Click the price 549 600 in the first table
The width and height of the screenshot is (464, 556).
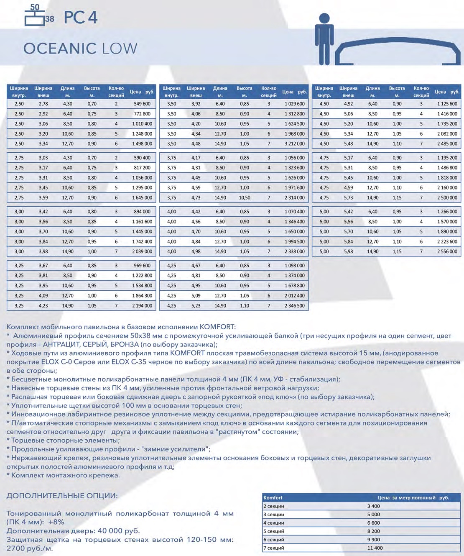point(142,104)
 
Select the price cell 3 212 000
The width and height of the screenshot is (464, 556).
point(295,144)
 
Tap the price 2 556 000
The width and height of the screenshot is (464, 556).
point(447,252)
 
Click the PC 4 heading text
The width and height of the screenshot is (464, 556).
point(81,18)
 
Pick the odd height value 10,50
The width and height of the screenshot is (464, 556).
point(245,198)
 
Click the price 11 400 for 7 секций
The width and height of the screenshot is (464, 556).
point(375,548)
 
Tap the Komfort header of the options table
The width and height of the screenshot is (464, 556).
point(273,498)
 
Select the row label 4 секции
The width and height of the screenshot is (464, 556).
point(274,523)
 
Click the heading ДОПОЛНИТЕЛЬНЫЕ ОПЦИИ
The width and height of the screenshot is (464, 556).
point(62,496)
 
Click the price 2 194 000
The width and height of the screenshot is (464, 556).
point(142,306)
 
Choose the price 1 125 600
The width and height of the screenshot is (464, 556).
point(447,104)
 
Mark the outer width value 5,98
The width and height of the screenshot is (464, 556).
point(348,252)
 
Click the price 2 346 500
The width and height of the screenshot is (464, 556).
point(295,306)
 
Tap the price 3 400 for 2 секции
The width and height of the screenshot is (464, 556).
point(374,506)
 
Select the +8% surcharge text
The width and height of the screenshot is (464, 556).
point(56,522)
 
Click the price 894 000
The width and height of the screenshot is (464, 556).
point(142,212)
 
